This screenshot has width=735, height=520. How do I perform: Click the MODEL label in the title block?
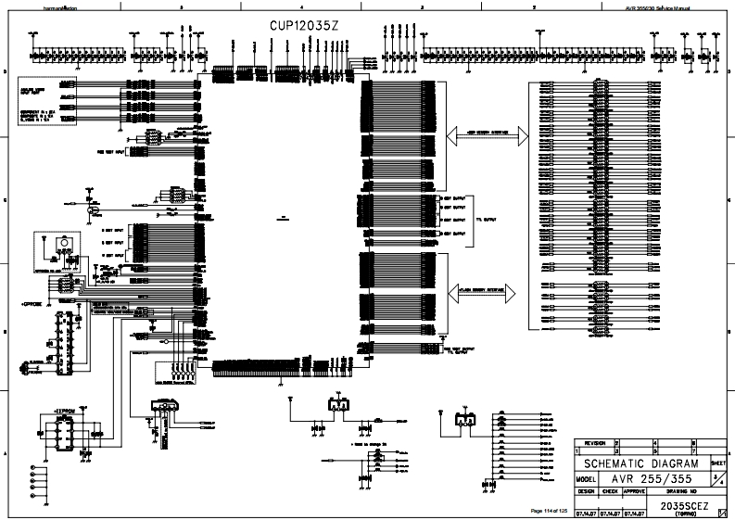pos(585,477)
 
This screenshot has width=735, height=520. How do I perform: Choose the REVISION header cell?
pos(595,444)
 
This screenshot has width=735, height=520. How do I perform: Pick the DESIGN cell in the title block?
pos(586,490)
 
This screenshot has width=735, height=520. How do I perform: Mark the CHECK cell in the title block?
pos(609,490)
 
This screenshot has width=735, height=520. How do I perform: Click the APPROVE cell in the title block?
pos(633,490)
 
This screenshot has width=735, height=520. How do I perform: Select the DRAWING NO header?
pos(680,490)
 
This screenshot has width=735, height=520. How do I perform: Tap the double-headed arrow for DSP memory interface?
pos(487,134)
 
